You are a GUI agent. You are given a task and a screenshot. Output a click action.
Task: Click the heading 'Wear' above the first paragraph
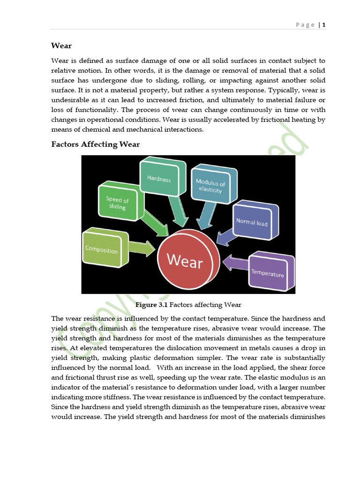tap(61, 46)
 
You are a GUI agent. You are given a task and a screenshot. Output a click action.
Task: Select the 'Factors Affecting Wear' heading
tap(95, 144)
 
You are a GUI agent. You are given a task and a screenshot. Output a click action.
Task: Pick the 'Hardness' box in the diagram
tap(159, 179)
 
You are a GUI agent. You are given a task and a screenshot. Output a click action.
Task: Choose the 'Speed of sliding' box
tap(117, 203)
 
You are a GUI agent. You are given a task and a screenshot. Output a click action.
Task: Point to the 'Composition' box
tap(101, 250)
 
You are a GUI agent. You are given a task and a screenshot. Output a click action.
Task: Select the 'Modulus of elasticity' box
tap(210, 187)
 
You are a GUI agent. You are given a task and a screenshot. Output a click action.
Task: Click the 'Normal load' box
tap(252, 222)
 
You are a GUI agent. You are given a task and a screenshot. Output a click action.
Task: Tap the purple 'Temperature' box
tap(268, 272)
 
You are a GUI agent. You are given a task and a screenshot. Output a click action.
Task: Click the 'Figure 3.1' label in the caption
tap(151, 305)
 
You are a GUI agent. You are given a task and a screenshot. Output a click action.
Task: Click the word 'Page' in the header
tap(305, 25)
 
